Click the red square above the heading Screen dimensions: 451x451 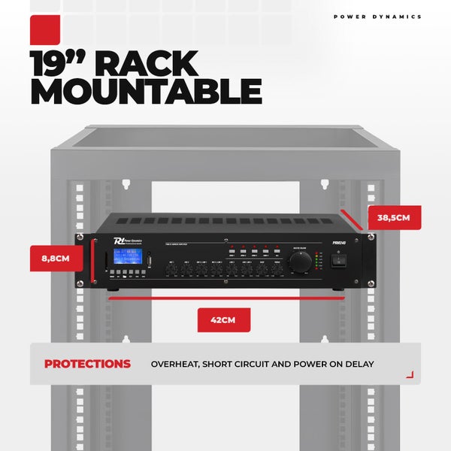[46, 32]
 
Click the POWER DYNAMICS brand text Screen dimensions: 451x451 [377, 17]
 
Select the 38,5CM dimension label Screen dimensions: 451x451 [394, 218]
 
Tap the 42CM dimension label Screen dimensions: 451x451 [224, 320]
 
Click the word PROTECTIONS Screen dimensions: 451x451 [87, 364]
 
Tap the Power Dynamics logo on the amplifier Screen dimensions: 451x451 [119, 241]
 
